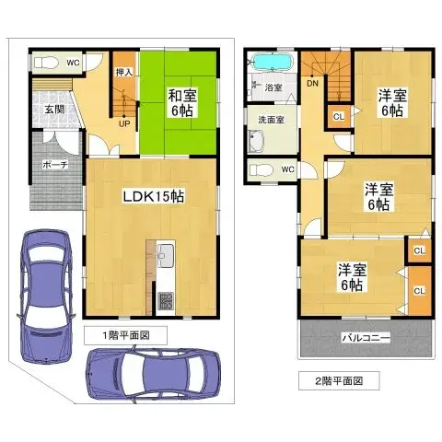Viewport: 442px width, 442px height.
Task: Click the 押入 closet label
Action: coord(124,71)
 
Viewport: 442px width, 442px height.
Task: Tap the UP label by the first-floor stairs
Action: coord(122,124)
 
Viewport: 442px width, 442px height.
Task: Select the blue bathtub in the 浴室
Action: coord(271,64)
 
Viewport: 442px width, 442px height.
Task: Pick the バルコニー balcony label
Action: coord(366,338)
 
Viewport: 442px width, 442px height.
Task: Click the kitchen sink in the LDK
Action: coord(167,254)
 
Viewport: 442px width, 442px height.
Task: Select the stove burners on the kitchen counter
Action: coord(167,300)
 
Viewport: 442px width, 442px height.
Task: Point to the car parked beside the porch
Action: coord(45,279)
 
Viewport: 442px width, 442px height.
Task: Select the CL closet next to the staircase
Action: coord(338,116)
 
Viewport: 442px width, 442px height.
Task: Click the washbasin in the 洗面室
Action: coord(256,143)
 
